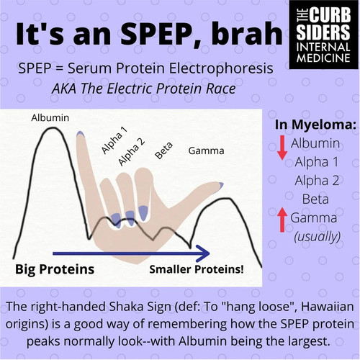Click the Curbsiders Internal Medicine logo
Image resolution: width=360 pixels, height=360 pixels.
pos(324,35)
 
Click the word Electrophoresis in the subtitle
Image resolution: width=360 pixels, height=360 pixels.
pos(221,68)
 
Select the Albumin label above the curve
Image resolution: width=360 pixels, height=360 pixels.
pos(50,118)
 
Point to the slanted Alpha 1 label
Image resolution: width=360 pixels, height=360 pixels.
pos(114,140)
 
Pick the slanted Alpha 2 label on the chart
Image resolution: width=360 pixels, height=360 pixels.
pos(132,152)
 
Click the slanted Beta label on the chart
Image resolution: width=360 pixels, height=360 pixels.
pos(163,150)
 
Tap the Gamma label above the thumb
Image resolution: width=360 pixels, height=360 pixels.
pos(206,151)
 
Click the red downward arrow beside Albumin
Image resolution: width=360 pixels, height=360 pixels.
pos(282,148)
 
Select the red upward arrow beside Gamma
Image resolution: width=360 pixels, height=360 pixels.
pos(282,220)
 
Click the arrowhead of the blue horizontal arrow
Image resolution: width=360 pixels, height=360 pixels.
pos(204,253)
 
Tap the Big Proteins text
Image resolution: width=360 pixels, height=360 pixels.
pos(55,269)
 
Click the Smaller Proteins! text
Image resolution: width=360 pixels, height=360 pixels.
pos(197,269)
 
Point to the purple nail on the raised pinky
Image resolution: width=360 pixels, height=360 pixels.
pos(81,134)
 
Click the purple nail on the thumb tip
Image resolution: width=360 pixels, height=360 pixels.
pos(221,184)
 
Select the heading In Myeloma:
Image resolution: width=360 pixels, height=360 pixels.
pos(315,125)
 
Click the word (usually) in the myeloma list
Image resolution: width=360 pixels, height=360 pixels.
pos(318,236)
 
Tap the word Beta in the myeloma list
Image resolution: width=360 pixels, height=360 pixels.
pos(315,199)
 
